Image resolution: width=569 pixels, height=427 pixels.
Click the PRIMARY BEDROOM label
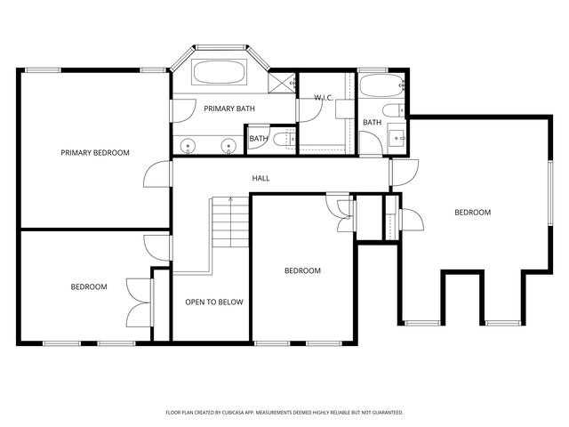tap(95, 153)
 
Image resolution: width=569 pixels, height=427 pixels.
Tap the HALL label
tap(260, 178)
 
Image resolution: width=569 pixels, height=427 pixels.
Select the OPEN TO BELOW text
tap(214, 302)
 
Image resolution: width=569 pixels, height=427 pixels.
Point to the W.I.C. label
tap(324, 98)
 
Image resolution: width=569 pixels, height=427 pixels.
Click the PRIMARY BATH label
tap(229, 109)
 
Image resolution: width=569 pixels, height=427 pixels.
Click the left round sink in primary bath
tap(188, 145)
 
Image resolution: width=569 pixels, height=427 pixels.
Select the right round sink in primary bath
tap(228, 145)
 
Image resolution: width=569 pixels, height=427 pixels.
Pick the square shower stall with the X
tap(282, 83)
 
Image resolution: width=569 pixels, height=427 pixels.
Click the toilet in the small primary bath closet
tap(284, 140)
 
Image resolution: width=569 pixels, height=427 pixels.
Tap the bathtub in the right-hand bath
tap(381, 85)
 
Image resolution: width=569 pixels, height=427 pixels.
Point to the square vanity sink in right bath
tap(397, 138)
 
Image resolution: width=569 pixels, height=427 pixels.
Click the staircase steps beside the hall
tap(230, 222)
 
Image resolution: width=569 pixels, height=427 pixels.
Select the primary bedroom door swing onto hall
tap(156, 173)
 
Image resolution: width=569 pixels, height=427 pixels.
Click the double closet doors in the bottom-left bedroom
tap(139, 302)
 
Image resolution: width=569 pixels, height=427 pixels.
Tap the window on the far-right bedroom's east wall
tap(550, 193)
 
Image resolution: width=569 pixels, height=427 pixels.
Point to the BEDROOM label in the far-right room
tap(473, 213)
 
